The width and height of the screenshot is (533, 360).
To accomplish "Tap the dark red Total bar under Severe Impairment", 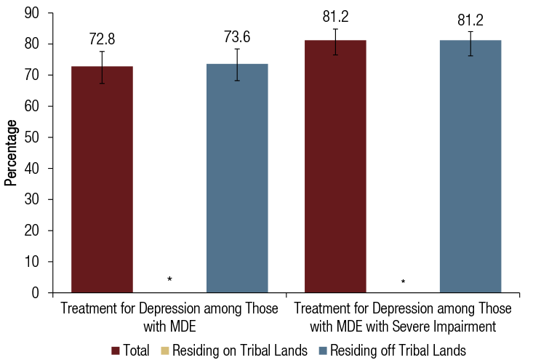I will coord(335,167).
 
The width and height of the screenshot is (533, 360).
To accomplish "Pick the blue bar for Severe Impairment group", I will coord(470,167).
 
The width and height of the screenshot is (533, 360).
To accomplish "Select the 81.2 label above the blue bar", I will coord(470,20).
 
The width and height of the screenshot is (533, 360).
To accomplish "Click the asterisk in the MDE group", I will coord(169,280).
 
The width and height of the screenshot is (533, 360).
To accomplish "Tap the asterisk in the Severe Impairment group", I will coord(403,281).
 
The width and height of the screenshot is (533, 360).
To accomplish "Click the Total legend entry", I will coord(130,351).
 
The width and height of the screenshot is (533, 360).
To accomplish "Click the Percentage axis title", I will coord(11,153).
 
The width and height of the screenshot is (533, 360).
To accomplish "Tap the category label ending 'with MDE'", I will coord(169,316).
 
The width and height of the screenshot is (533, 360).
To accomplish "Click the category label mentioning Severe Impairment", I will coord(402,316).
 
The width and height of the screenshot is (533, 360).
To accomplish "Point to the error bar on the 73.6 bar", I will coord(237,64).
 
